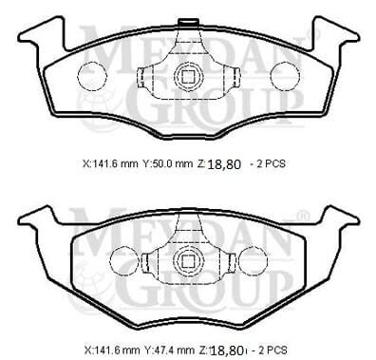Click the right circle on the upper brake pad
click(x=284, y=75)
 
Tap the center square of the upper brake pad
click(x=189, y=79)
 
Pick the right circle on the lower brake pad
click(x=250, y=259)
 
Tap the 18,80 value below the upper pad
click(x=224, y=163)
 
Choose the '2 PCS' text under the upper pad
click(x=269, y=163)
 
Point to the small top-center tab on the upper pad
click(x=190, y=18)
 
